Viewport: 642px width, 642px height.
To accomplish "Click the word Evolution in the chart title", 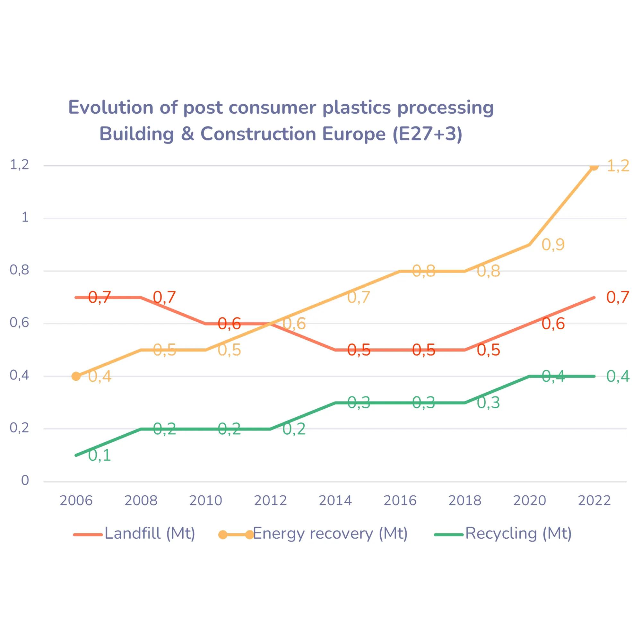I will click(x=111, y=108).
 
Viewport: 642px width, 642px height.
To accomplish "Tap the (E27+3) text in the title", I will click(x=427, y=134).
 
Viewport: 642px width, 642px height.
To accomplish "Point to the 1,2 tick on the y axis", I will click(x=20, y=165).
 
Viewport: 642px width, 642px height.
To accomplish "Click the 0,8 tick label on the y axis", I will click(x=20, y=270).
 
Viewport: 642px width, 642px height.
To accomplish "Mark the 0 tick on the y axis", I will click(x=25, y=481).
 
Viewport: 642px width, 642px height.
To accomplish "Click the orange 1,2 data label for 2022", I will click(x=618, y=166).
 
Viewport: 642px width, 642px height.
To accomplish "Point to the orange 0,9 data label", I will click(x=553, y=245).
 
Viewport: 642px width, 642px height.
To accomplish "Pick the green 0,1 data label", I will click(x=100, y=455).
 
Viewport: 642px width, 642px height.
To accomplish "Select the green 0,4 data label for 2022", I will click(x=618, y=377).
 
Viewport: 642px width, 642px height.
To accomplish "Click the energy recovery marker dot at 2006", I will click(x=76, y=377).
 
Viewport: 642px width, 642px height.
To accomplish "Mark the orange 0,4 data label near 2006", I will click(x=100, y=377).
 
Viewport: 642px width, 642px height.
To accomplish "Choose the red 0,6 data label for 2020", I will click(x=553, y=324).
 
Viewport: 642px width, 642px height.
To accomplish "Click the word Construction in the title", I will click(x=258, y=134).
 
